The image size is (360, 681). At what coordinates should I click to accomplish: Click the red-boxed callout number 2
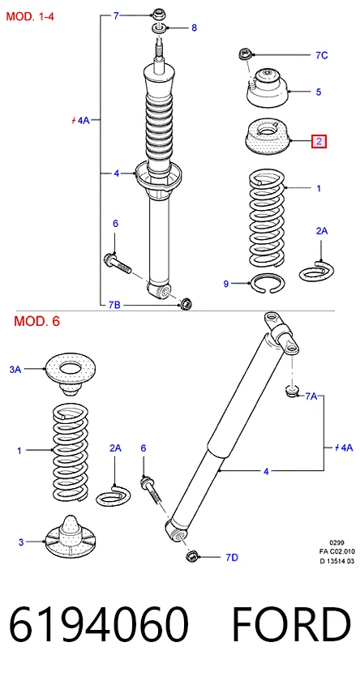point(319,141)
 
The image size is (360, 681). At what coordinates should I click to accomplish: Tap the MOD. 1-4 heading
point(29,17)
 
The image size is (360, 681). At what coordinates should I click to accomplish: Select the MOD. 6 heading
point(37,321)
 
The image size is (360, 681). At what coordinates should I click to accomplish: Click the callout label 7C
point(321,55)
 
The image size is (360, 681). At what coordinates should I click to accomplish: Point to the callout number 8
point(194,28)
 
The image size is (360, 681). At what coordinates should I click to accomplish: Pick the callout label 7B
point(114,306)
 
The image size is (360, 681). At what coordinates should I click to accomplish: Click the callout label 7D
point(232,557)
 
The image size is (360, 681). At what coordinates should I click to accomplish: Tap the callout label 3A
point(15,370)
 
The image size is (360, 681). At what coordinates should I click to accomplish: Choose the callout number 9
point(226,284)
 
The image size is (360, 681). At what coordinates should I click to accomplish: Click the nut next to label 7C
point(242,55)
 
